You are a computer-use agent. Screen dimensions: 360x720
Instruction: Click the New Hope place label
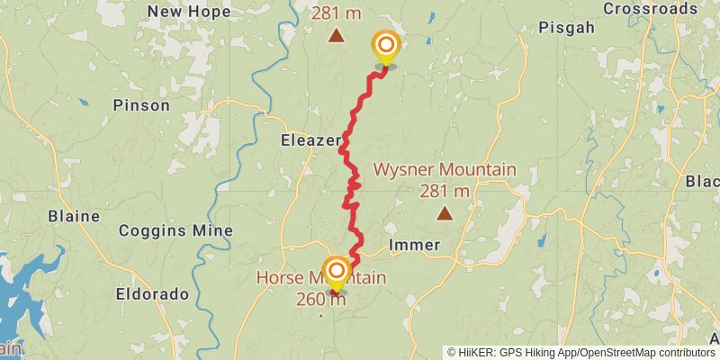coord(189,12)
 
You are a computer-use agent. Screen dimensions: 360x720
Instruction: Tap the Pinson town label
coord(141,105)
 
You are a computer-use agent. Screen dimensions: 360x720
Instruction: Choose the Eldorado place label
coord(152,294)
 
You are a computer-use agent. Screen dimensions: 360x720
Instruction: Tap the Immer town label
coord(414,245)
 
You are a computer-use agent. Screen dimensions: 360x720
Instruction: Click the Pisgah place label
coord(566,28)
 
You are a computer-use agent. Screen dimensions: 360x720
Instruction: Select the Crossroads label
coord(650,9)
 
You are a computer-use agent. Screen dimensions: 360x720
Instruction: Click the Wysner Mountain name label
coord(445,169)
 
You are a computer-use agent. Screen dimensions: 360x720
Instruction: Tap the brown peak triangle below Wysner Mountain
coord(445,213)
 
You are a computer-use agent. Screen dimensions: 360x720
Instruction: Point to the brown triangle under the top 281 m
coord(336,37)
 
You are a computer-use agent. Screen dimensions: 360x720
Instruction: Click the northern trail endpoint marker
coord(385,46)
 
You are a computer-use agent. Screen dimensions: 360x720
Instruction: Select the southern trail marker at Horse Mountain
coord(337,272)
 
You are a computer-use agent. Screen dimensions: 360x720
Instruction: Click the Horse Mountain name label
coord(321,278)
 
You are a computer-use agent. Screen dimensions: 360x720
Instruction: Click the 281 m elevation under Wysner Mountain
coord(445,191)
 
